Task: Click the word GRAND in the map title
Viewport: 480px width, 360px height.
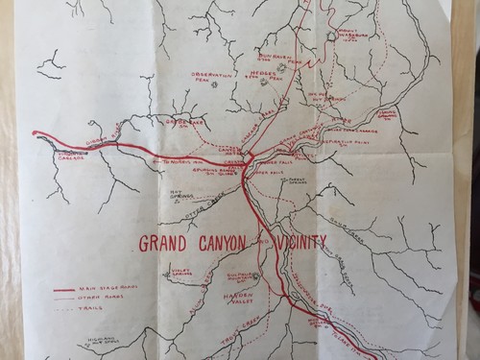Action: pyautogui.click(x=162, y=242)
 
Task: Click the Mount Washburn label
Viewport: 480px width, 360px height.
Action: pyautogui.click(x=352, y=40)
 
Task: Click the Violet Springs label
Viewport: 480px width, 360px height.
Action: pyautogui.click(x=180, y=273)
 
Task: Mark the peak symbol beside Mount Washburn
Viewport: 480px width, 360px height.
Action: pyautogui.click(x=331, y=36)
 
